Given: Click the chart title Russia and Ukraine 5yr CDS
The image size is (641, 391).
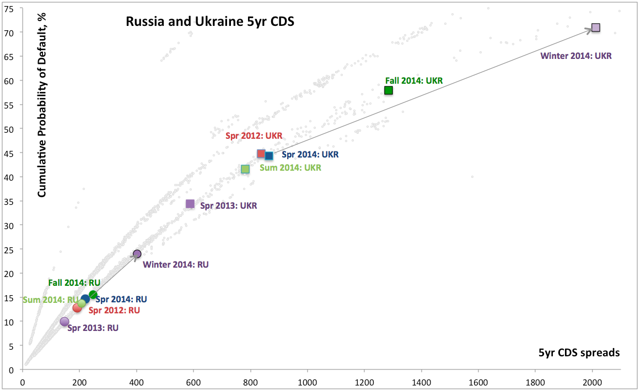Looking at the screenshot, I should coord(210,22).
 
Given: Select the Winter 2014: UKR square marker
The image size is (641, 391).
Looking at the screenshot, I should coord(595,28).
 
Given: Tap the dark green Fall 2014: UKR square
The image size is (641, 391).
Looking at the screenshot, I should coord(389,90).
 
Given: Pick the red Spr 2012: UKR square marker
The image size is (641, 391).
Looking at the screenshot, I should coord(261,154).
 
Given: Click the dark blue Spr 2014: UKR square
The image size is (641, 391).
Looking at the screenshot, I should coord(269,156).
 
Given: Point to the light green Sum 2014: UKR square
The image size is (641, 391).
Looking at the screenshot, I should coord(245,169).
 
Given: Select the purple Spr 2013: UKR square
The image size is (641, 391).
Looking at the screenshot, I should coord(190,204).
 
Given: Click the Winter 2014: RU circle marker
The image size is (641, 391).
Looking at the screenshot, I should coord(137,254).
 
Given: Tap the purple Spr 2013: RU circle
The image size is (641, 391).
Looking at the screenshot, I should coord(64,322).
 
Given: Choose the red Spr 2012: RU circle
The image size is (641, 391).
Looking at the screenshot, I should coord(77,308).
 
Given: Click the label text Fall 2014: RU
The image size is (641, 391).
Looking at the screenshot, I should coord(74,283).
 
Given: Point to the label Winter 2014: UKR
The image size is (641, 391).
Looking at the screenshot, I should coord(576,56).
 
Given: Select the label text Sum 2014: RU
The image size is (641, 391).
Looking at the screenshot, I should coord(50,300).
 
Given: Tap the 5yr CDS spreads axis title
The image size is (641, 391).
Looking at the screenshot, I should coord(579,353).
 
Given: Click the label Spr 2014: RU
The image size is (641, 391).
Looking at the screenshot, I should coord(121,300).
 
